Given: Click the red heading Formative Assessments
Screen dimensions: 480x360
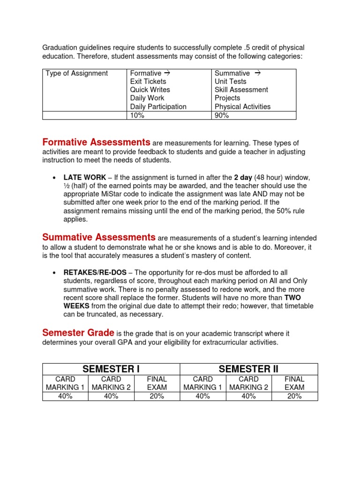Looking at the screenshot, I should pos(96,142).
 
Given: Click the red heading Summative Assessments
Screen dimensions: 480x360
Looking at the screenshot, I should pos(98,237).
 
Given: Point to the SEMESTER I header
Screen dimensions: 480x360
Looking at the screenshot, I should pos(111,369).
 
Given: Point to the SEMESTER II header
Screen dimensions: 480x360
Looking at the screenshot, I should pos(248,369).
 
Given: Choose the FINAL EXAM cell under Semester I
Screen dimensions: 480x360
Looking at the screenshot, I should pos(157,383).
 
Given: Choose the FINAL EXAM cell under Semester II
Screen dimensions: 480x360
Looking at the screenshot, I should pos(294,383).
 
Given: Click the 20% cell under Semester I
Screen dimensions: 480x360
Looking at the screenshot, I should pos(157,396).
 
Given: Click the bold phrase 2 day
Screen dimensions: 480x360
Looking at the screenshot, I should pos(243,178).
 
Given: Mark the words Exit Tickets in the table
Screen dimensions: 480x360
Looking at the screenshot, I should pos(148,81).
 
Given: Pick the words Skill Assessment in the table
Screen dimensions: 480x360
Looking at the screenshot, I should pos(241,90).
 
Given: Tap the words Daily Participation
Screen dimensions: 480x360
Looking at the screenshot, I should pos(158,106).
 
